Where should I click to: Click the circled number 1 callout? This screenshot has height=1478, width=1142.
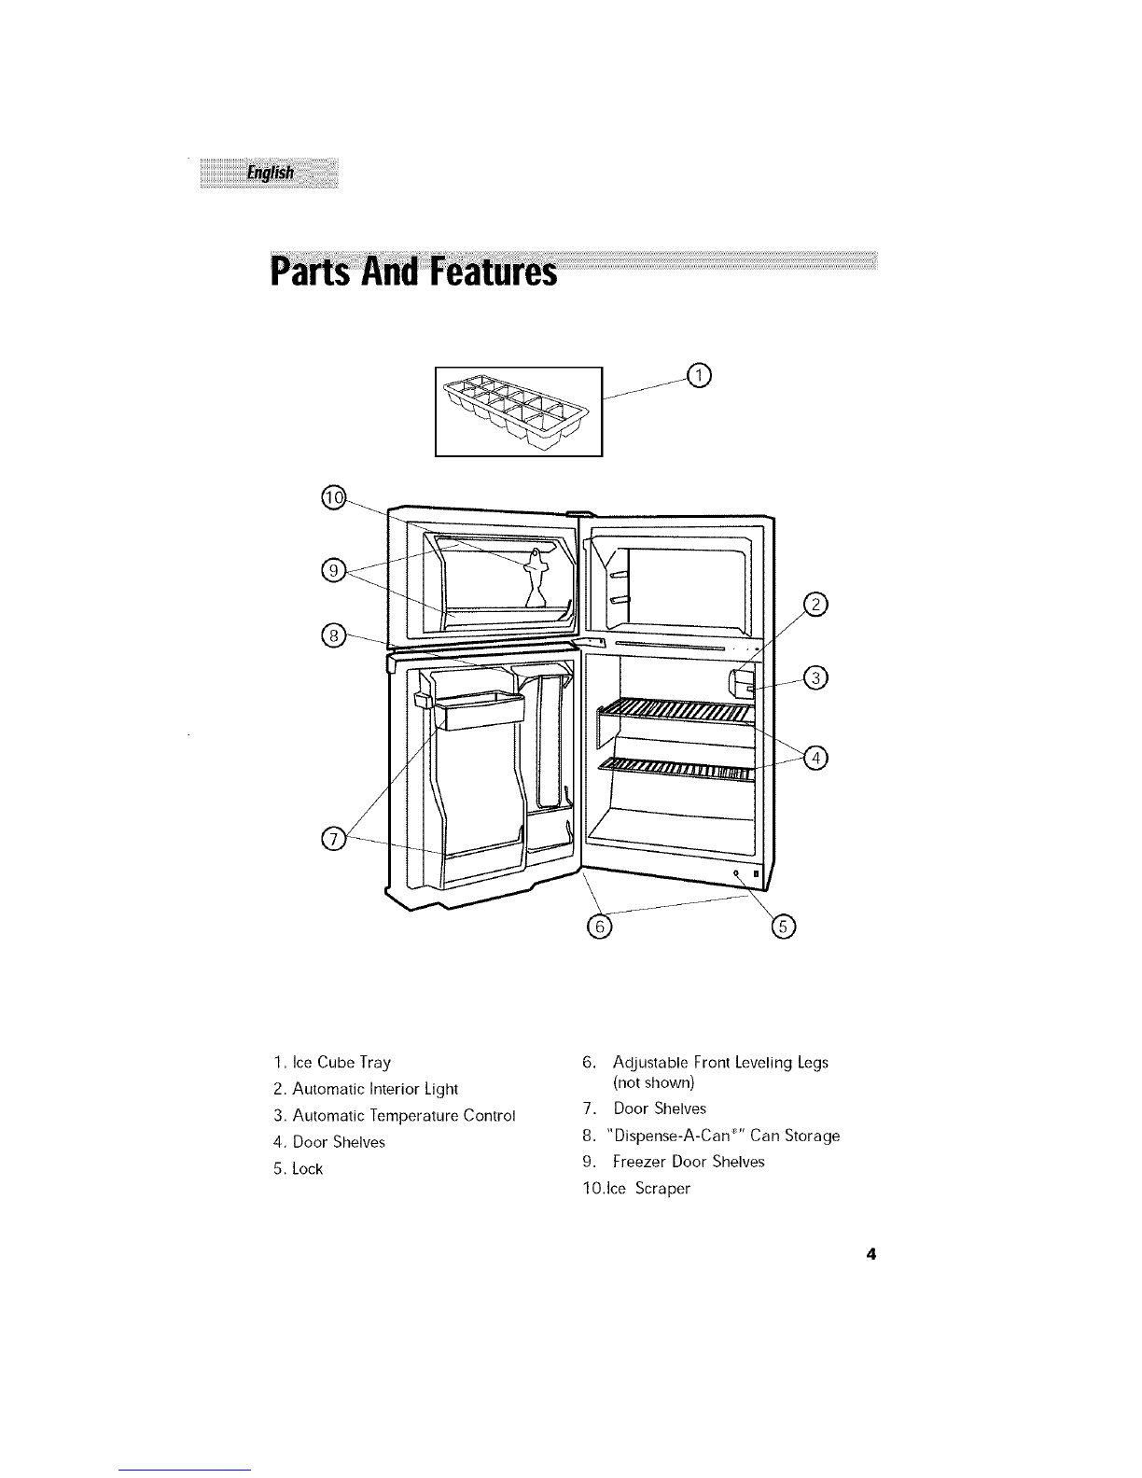(698, 375)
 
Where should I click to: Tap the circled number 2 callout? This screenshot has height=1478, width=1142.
(815, 604)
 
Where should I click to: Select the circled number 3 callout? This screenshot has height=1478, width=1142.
(815, 677)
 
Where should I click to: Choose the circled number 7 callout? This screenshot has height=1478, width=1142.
(333, 840)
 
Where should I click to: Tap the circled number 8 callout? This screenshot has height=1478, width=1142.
(333, 636)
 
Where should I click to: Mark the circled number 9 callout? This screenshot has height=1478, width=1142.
(333, 570)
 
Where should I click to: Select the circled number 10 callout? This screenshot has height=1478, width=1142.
(333, 497)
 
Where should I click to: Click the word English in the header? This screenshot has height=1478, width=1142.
(271, 173)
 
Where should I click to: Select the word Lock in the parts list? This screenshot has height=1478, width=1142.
(308, 1168)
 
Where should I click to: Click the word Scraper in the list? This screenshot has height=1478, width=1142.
(662, 1188)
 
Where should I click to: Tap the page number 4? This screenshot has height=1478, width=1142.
(871, 1254)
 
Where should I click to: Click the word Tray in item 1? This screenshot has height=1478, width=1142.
(375, 1063)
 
